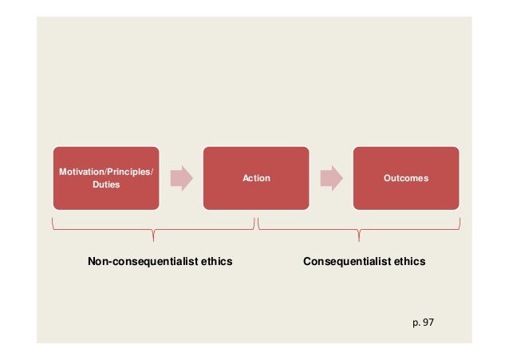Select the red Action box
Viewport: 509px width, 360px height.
pos(255,177)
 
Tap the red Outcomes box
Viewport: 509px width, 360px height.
pos(406,177)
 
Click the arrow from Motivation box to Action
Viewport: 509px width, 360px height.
pos(181,178)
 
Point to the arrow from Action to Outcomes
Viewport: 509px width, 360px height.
pos(332,178)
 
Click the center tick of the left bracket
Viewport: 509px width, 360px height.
pos(152,235)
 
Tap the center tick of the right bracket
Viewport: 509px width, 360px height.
pos(358,235)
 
